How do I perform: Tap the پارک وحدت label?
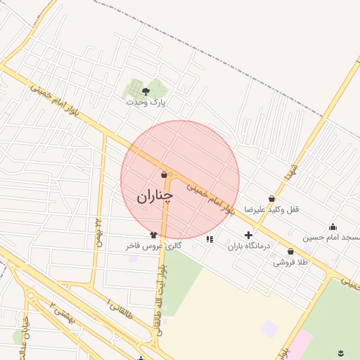[145, 103]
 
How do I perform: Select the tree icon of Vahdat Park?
[146, 91]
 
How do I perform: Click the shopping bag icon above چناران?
[164, 174]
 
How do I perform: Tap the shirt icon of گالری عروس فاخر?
[153, 235]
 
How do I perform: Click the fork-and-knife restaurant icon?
[209, 239]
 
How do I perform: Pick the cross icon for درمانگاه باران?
[248, 235]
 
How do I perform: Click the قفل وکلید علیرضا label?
[272, 210]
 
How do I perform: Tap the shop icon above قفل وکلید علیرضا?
[271, 198]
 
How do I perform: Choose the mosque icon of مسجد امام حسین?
[333, 226]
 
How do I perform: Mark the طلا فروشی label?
[290, 262]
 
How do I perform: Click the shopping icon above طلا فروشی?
[290, 251]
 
